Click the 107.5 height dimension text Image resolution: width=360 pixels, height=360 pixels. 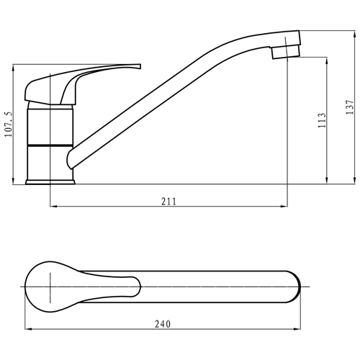tap(9, 123)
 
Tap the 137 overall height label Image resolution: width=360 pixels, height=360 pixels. tap(349, 106)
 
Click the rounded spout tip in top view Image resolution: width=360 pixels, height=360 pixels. tap(294, 287)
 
